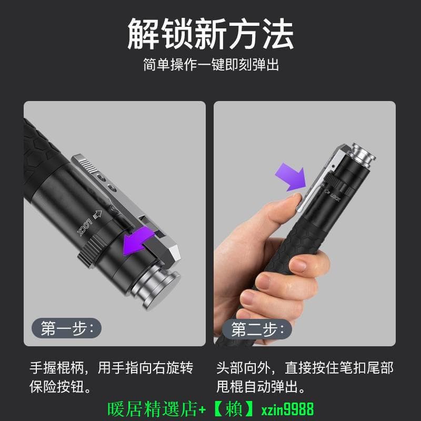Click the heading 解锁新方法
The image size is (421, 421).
coord(210,34)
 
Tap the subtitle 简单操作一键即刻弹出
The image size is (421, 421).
coord(211,65)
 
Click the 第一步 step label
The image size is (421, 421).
coord(67,328)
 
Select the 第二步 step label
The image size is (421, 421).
coord(257,329)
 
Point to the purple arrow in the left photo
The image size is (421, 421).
coord(137,241)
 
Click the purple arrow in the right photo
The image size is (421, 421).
coord(292,177)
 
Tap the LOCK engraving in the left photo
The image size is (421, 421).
coord(84,227)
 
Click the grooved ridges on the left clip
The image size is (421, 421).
coord(88,165)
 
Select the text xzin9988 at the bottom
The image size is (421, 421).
coord(287,409)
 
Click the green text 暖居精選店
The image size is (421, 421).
coord(153,409)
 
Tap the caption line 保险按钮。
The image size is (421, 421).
coord(60,387)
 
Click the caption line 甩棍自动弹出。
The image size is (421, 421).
coord(260,387)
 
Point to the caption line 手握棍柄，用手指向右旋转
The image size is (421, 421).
coord(112,368)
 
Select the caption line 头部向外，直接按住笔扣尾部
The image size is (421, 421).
coord(305,368)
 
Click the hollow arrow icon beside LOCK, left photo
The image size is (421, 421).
coord(97,214)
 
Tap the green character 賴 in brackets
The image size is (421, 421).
coord(234,409)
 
